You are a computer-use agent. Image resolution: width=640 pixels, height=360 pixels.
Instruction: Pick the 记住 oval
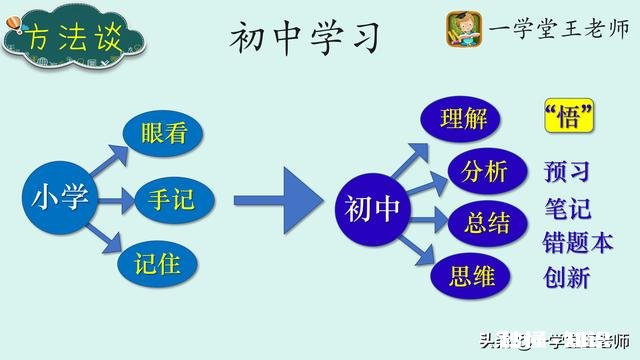[x=163, y=262]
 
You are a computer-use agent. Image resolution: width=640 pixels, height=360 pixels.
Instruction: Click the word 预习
[x=567, y=172]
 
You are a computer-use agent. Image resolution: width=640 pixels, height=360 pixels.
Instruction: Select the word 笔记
[x=567, y=208]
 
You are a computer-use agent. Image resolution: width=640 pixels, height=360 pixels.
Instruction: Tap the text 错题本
[x=577, y=242]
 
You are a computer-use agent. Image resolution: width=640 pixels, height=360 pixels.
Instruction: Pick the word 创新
[x=567, y=277]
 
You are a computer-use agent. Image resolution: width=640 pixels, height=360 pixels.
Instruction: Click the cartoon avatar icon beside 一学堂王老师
[x=464, y=28]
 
